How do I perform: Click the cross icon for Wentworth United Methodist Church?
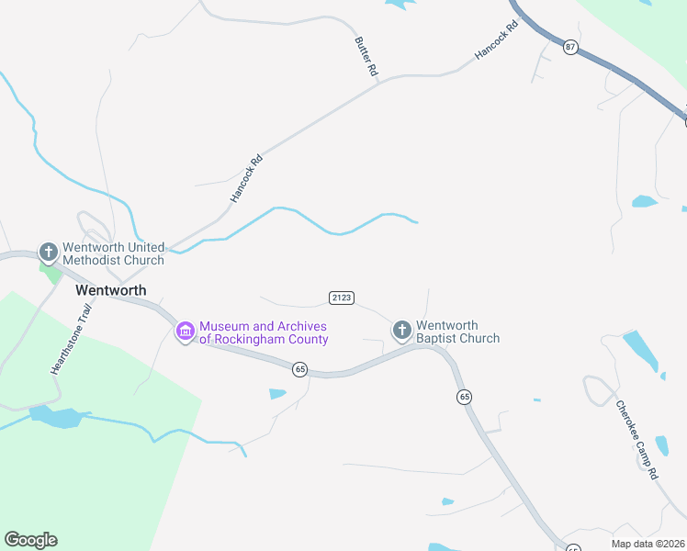click(x=49, y=252)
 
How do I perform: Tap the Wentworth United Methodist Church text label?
click(x=113, y=253)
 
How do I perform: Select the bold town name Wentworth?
click(x=110, y=289)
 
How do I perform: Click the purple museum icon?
click(x=186, y=331)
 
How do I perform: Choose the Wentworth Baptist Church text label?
click(x=457, y=332)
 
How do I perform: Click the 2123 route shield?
click(x=341, y=297)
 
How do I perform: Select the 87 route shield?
click(x=570, y=47)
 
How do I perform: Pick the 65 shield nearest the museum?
click(x=299, y=368)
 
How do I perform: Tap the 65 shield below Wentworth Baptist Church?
click(x=464, y=397)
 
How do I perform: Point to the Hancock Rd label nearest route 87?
click(x=497, y=41)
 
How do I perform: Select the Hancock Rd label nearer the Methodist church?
click(x=246, y=178)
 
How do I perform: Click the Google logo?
click(x=30, y=540)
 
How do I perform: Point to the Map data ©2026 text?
click(x=648, y=543)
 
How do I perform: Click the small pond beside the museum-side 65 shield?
click(x=277, y=394)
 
